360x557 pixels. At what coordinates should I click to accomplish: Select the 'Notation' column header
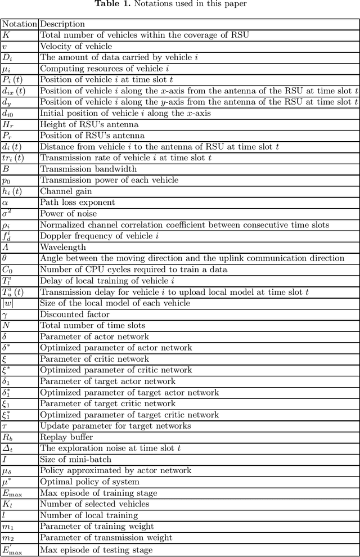point(19,24)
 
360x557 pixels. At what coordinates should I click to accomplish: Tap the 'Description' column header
point(62,24)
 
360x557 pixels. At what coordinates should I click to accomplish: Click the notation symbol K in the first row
point(6,35)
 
